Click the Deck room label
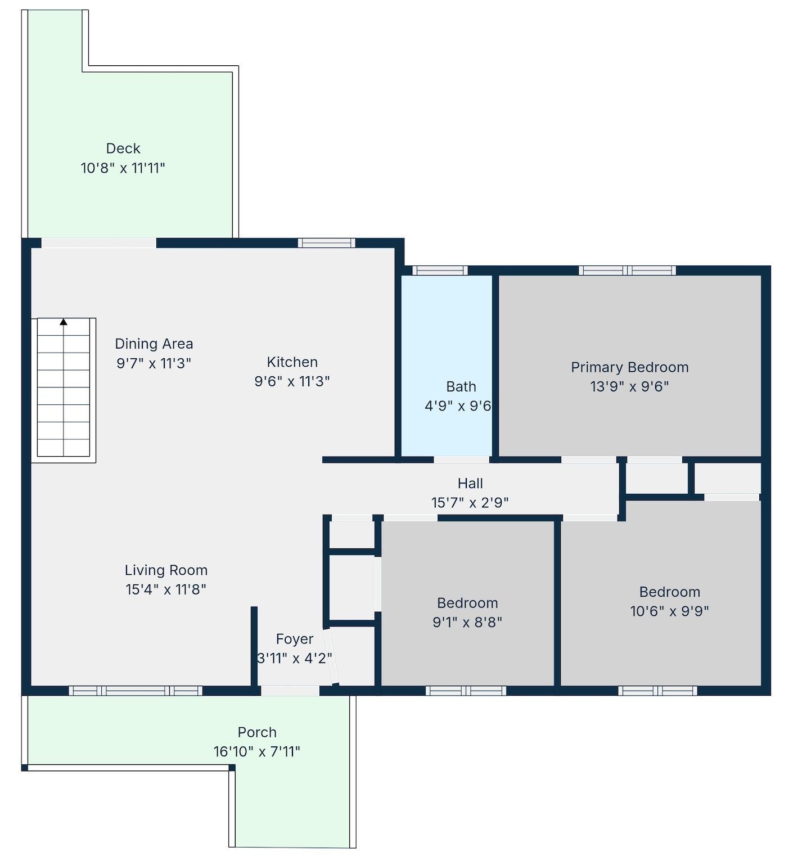pyautogui.click(x=123, y=148)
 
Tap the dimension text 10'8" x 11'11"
pyautogui.click(x=123, y=168)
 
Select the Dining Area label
pyautogui.click(x=154, y=344)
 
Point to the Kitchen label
pyautogui.click(x=292, y=362)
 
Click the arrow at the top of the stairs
pyautogui.click(x=64, y=322)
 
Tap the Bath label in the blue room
pyautogui.click(x=461, y=386)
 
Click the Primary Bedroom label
pyautogui.click(x=630, y=367)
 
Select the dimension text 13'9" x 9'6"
pyautogui.click(x=630, y=386)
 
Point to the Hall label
pyautogui.click(x=470, y=483)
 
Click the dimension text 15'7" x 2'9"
pyautogui.click(x=470, y=502)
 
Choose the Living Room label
pyautogui.click(x=166, y=570)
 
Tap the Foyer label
pyautogui.click(x=295, y=639)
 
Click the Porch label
pyautogui.click(x=257, y=732)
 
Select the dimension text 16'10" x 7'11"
pyautogui.click(x=257, y=751)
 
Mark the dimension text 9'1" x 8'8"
pyautogui.click(x=467, y=622)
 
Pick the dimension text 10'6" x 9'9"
pyautogui.click(x=670, y=611)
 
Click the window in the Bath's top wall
pyautogui.click(x=440, y=271)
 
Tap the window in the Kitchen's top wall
pyautogui.click(x=327, y=243)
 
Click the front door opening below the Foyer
pyautogui.click(x=290, y=691)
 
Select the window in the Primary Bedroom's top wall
pyautogui.click(x=628, y=271)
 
